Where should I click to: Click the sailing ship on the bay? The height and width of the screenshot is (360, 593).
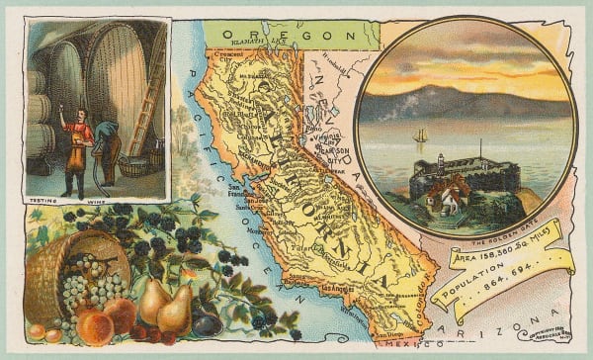coord(420,135)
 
